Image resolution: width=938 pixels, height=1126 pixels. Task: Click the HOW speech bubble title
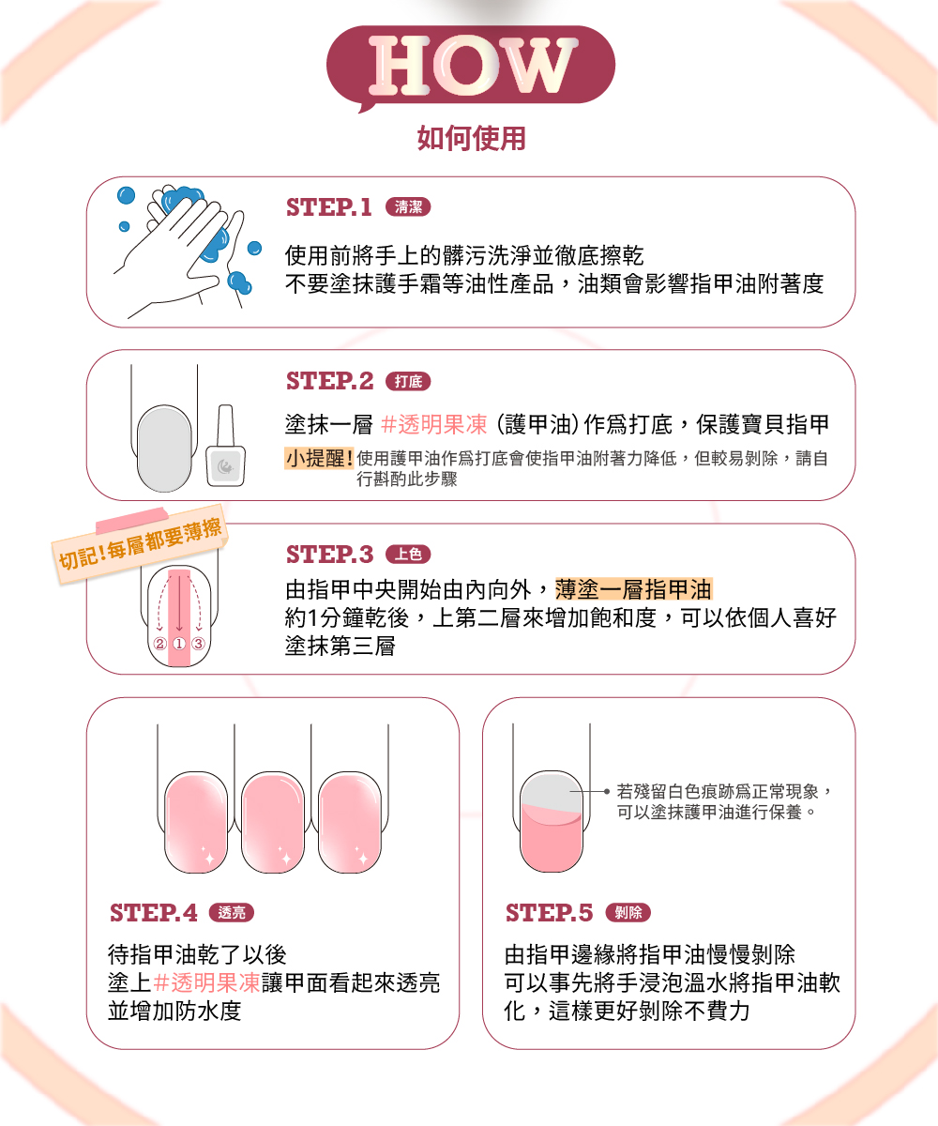pos(471,66)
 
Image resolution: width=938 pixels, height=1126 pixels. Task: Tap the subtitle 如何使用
pos(471,138)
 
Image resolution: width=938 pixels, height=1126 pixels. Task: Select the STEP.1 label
pos(329,207)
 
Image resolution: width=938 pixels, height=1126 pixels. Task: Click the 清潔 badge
pos(408,207)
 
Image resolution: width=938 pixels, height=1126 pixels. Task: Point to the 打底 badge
pos(408,381)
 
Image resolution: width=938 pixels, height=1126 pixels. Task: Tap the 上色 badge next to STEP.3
pos(408,554)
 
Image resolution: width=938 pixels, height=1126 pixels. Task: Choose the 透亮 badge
pos(232,912)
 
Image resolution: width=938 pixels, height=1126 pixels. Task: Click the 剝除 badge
pos(628,912)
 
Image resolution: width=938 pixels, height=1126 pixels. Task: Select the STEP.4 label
pos(154,912)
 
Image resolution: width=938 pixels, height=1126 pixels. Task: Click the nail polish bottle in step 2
pos(225,446)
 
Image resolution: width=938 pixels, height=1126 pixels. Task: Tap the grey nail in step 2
pos(164,449)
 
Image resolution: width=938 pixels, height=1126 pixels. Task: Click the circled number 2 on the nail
pos(160,644)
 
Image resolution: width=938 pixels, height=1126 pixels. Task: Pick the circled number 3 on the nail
pos(199,644)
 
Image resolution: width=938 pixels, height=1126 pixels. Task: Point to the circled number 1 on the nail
pos(179,644)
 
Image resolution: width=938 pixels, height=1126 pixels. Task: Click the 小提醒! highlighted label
pos(319,459)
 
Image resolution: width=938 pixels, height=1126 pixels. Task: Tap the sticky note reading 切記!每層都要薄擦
pos(140,544)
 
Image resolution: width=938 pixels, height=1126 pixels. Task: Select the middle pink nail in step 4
pos(273,822)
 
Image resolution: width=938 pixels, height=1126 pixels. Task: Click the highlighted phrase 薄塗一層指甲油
pos(634,589)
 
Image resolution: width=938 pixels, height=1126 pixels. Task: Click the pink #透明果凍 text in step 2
pos(434,424)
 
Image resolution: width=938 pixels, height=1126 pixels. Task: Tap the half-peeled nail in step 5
pos(552,821)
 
